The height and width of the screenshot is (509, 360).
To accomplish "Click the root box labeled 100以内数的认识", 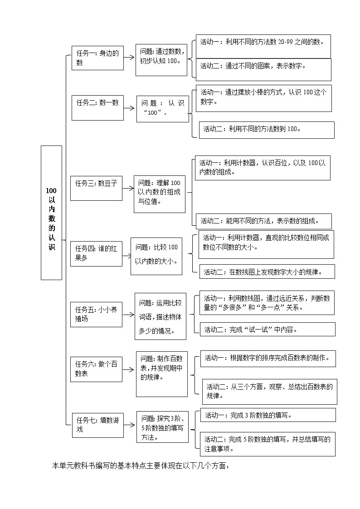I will pos(51,213).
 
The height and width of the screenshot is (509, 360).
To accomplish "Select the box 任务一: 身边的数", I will pos(97,58).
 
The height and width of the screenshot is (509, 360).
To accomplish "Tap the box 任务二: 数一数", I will pos(97,107).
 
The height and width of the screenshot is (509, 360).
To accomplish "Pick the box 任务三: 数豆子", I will pos(96,188).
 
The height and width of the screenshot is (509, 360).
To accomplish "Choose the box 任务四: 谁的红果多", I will pos(96,253).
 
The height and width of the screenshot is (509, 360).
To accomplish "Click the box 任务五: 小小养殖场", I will pos(96,314).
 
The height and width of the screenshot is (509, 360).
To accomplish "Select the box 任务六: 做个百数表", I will pos(96,369).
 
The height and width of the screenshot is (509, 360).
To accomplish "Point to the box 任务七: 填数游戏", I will pos(97,425).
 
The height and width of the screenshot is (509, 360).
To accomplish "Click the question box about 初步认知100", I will pos(161,60).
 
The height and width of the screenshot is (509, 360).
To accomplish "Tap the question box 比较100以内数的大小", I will pos(156,256).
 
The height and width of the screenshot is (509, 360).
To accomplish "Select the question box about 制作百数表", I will pos(162,373).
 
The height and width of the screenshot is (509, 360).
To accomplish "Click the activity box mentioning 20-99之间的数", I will pos(263,46).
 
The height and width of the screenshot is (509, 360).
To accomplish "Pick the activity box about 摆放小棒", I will pos(263,98).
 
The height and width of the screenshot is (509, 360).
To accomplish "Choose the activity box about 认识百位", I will pos(262,168).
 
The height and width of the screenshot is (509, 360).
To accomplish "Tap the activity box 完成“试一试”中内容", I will pos(268,330).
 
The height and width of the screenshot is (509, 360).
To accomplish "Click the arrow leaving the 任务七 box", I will pos(130,425).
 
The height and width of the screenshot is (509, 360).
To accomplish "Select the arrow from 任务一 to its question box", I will pos(130,57).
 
